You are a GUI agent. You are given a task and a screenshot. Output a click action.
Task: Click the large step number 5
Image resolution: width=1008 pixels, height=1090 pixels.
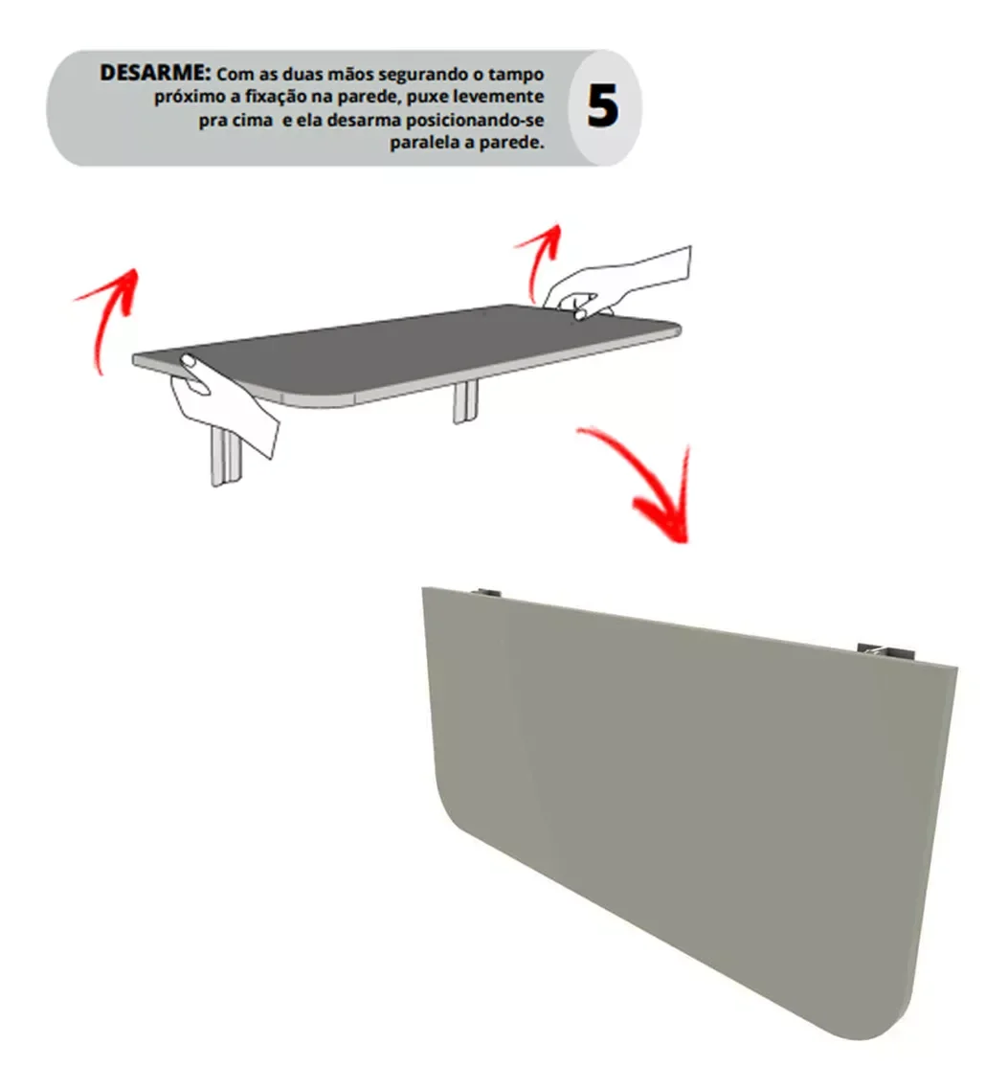(x=602, y=107)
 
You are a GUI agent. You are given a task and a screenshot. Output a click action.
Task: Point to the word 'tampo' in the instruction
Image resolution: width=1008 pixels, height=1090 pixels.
(x=521, y=75)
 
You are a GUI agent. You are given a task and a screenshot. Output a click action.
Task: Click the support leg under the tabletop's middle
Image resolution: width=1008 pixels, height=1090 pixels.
(x=465, y=402)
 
